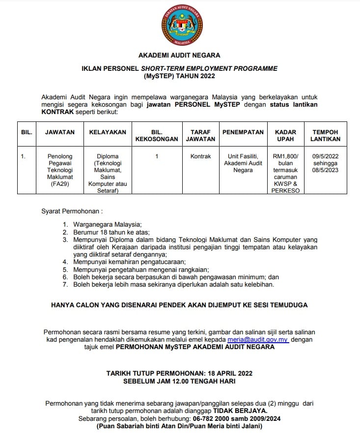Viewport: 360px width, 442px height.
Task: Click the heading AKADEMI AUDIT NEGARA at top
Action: point(179,56)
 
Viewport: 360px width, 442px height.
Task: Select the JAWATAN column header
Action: point(60,132)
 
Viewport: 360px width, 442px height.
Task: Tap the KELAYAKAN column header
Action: point(108,132)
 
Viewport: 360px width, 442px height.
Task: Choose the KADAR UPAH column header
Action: point(286,136)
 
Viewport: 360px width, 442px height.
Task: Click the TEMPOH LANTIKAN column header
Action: point(326,136)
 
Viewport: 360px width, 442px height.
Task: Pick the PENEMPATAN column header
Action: point(243,132)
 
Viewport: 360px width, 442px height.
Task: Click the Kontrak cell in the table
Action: point(200,156)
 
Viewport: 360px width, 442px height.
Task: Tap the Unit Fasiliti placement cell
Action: point(243,163)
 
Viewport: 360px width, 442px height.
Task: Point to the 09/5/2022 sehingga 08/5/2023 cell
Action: point(326,163)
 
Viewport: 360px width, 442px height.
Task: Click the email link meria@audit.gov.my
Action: point(257,340)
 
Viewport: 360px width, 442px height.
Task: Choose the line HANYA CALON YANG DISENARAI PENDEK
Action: point(179,305)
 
